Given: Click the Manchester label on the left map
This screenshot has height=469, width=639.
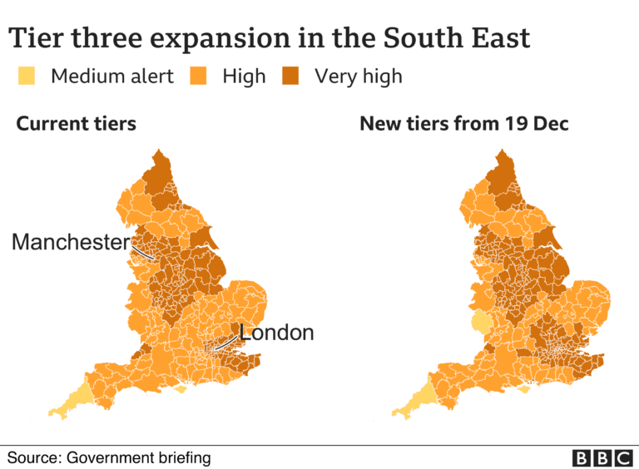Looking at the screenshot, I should click(71, 243).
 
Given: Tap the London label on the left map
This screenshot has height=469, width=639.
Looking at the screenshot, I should click(276, 333).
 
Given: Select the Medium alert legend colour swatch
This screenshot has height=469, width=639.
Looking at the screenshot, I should click(27, 77).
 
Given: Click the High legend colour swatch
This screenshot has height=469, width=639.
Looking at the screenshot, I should click(199, 77).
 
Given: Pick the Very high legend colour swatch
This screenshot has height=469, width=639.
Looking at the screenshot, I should click(290, 77).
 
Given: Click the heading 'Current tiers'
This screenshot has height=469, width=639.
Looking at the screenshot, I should click(76, 125).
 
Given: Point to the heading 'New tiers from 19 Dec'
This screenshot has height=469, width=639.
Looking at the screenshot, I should click(463, 125).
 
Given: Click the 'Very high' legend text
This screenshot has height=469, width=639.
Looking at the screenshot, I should click(358, 77).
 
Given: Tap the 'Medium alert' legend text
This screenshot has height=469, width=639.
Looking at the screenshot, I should click(112, 77).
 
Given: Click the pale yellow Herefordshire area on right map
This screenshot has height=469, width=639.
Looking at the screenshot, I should click(481, 323).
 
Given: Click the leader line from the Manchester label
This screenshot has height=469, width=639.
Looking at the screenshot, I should click(142, 250).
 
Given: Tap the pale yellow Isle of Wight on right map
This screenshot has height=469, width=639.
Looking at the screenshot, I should click(524, 388).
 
